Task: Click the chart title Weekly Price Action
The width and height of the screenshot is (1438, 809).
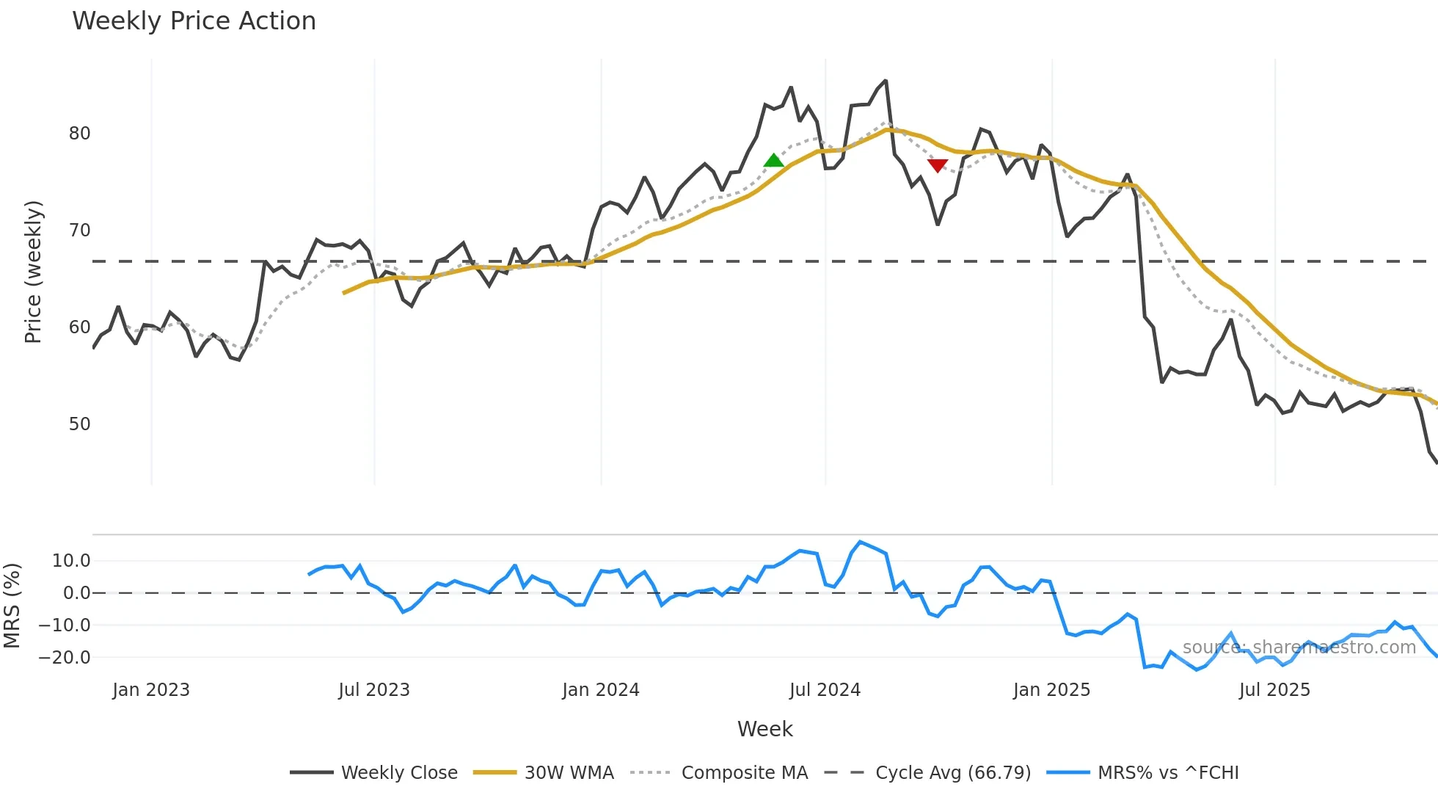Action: pyautogui.click(x=194, y=21)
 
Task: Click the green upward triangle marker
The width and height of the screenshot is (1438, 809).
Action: pyautogui.click(x=773, y=160)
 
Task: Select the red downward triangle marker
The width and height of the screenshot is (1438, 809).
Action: pyautogui.click(x=938, y=166)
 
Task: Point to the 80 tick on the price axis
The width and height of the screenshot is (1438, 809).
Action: pyautogui.click(x=80, y=134)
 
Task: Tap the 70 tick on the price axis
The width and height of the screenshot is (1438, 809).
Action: pyautogui.click(x=80, y=231)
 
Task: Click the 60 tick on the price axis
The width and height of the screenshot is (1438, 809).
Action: pyautogui.click(x=80, y=327)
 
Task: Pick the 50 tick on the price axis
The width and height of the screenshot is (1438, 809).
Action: pyautogui.click(x=80, y=424)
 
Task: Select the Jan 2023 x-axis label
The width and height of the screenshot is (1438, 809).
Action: pyautogui.click(x=151, y=690)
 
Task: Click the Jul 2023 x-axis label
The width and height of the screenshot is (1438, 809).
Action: pyautogui.click(x=374, y=690)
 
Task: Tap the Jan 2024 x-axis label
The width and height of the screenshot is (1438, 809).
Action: pyautogui.click(x=601, y=690)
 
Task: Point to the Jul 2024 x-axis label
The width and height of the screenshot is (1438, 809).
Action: pyautogui.click(x=825, y=690)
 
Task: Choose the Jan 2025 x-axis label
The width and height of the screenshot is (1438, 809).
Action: pyautogui.click(x=1051, y=690)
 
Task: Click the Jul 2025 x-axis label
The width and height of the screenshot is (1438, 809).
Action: pyautogui.click(x=1274, y=690)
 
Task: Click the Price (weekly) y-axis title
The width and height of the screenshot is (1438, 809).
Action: pyautogui.click(x=34, y=272)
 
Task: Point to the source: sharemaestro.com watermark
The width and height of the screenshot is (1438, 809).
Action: pyautogui.click(x=1299, y=647)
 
